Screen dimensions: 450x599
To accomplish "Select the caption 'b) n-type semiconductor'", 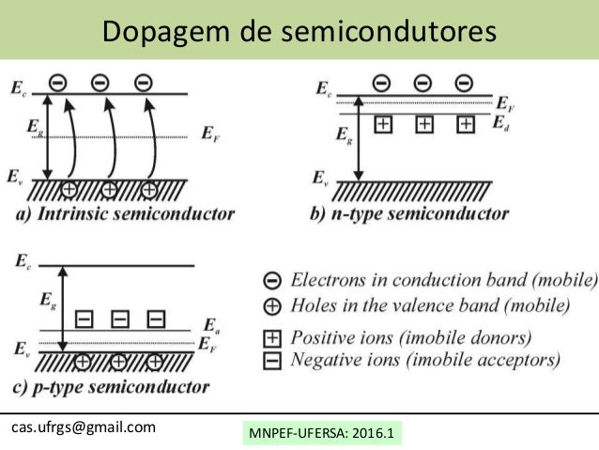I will tap(409, 214).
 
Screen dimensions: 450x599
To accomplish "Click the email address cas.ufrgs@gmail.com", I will tap(83, 427).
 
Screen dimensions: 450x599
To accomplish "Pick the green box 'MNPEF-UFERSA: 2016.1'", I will tap(321, 434).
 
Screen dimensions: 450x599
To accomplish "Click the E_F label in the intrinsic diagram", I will tap(212, 133).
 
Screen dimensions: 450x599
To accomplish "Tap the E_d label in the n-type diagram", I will tap(501, 125).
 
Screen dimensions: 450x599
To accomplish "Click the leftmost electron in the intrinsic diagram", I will tap(57, 83).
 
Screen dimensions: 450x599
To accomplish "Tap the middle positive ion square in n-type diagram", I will tap(423, 124).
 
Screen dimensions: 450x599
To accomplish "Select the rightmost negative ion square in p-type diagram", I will tap(156, 318).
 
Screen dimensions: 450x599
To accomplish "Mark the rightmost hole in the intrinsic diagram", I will tap(148, 191).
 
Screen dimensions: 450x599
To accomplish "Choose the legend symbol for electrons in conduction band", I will tap(271, 280).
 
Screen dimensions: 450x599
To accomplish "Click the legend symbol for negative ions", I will tap(271, 360).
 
